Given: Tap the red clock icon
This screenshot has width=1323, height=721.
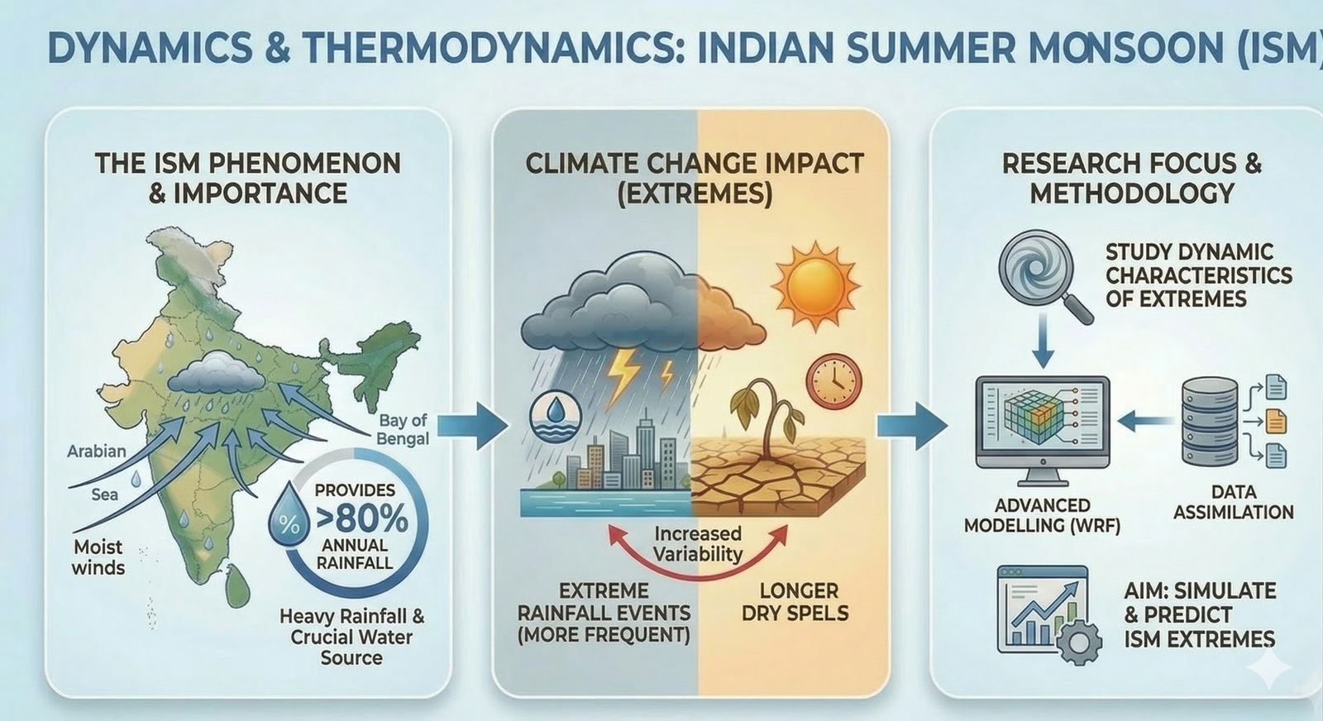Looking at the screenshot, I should (833, 381).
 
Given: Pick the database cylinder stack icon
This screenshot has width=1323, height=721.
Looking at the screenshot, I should (1209, 421).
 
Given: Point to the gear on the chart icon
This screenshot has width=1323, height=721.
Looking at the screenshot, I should (1080, 641).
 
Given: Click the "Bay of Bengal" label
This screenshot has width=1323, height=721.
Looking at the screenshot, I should (403, 430).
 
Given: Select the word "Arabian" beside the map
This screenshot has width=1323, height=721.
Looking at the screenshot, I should (97, 451).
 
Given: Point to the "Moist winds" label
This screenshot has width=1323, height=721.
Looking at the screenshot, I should (98, 557).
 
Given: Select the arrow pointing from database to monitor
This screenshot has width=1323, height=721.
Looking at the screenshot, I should (1144, 422).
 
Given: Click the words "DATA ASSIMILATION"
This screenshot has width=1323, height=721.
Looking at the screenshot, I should (1233, 502).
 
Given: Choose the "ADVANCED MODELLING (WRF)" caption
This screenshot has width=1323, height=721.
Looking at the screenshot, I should (1042, 515).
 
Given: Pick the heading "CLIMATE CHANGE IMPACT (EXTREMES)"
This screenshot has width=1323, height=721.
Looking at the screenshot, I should (695, 178).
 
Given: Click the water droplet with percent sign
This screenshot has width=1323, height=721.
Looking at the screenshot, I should (290, 517).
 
